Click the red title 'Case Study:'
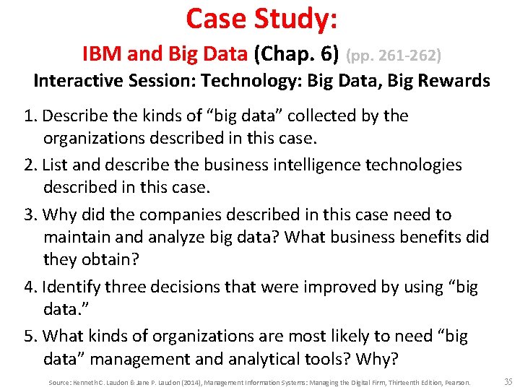pos(261,19)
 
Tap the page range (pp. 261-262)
pos(394,54)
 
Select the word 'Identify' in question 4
pos(71,287)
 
